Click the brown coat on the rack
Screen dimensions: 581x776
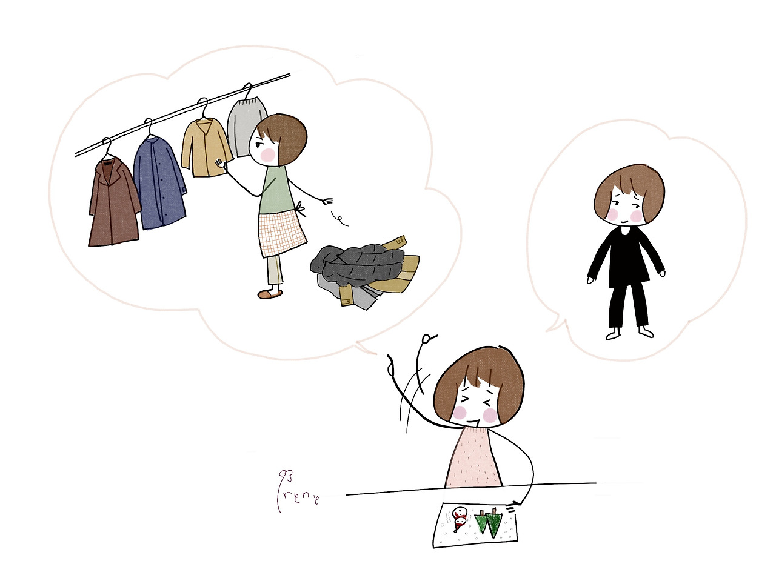coord(114,206)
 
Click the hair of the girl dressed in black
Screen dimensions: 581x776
coord(629,185)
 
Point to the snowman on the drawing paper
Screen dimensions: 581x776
coord(460,518)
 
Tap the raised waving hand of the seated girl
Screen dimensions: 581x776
coord(390,367)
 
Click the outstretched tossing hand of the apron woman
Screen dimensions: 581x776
coord(328,201)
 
